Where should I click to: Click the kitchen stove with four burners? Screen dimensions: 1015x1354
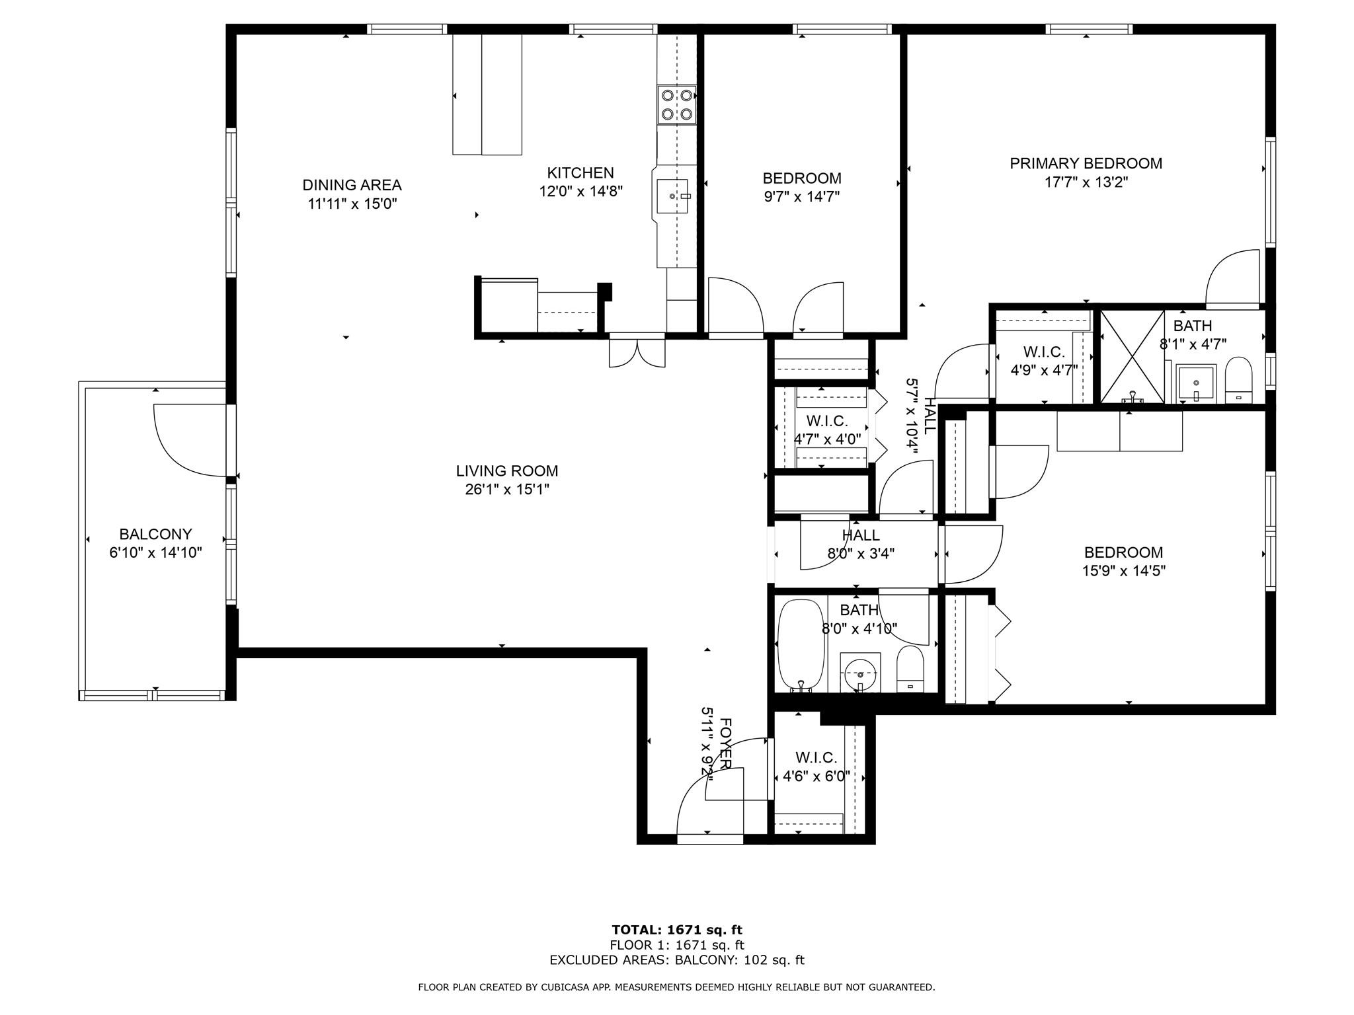pos(676,105)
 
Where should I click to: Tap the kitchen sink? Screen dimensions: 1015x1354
pos(672,196)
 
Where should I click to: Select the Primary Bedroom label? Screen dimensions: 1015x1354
pos(1086,163)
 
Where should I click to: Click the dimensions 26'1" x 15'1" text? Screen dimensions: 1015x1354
pos(507,490)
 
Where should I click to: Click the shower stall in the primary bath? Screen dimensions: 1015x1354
pos(1132,356)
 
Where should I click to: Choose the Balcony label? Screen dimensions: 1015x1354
pos(155,534)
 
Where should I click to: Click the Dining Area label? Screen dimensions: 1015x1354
pos(352,185)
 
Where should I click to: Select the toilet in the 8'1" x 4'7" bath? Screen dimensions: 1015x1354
pos(1238,381)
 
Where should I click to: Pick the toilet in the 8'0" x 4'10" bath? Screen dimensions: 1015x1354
pos(910,669)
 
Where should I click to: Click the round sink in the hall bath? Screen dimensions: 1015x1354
pos(860,674)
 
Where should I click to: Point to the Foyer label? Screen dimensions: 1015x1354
pos(725,743)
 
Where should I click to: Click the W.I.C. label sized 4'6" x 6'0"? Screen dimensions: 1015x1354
pos(816,758)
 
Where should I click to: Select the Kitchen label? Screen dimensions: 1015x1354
pos(580,173)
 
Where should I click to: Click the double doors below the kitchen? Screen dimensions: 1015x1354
pos(637,353)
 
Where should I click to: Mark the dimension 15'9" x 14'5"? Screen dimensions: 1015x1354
pos(1123,571)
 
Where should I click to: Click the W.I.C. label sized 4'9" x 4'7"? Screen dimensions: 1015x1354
pos(1044,352)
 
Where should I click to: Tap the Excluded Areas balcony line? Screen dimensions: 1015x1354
pos(677,960)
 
